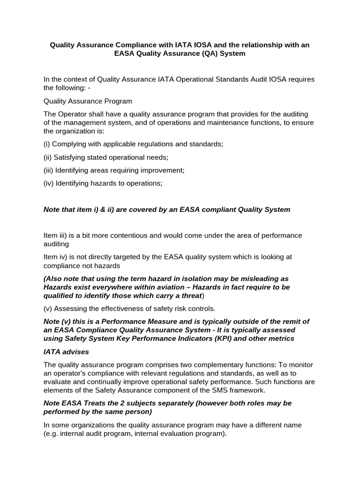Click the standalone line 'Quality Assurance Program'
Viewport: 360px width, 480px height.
point(88,101)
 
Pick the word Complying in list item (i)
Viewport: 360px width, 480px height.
point(69,144)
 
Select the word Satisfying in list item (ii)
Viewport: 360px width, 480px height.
point(70,157)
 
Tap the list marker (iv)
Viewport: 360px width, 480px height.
point(48,184)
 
